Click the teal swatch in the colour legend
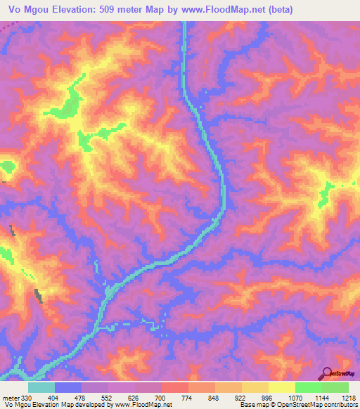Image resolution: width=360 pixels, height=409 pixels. click(41, 387)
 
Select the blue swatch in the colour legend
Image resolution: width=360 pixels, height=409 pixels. click(68, 387)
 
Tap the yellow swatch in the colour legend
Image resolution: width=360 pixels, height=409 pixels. click(282, 387)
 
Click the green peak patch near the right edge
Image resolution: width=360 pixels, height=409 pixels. click(326, 195)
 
